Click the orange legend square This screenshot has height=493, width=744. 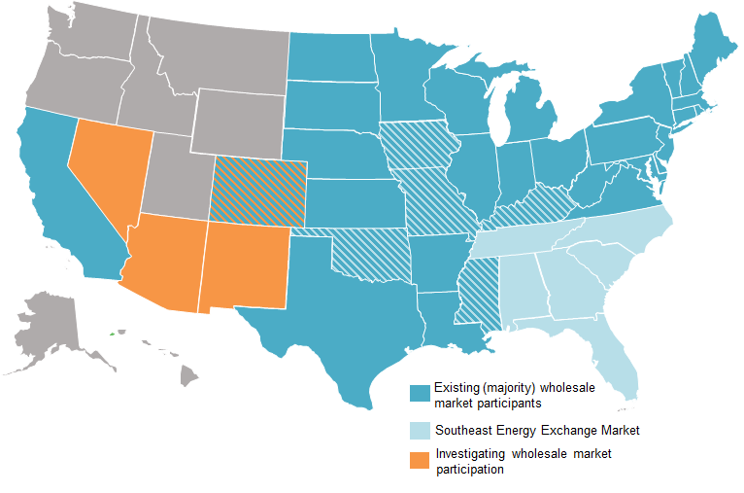[420, 461]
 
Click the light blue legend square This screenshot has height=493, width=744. [420, 429]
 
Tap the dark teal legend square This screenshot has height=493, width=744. [420, 394]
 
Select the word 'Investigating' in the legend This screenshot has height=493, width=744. [470, 454]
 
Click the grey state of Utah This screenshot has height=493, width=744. [180, 180]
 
